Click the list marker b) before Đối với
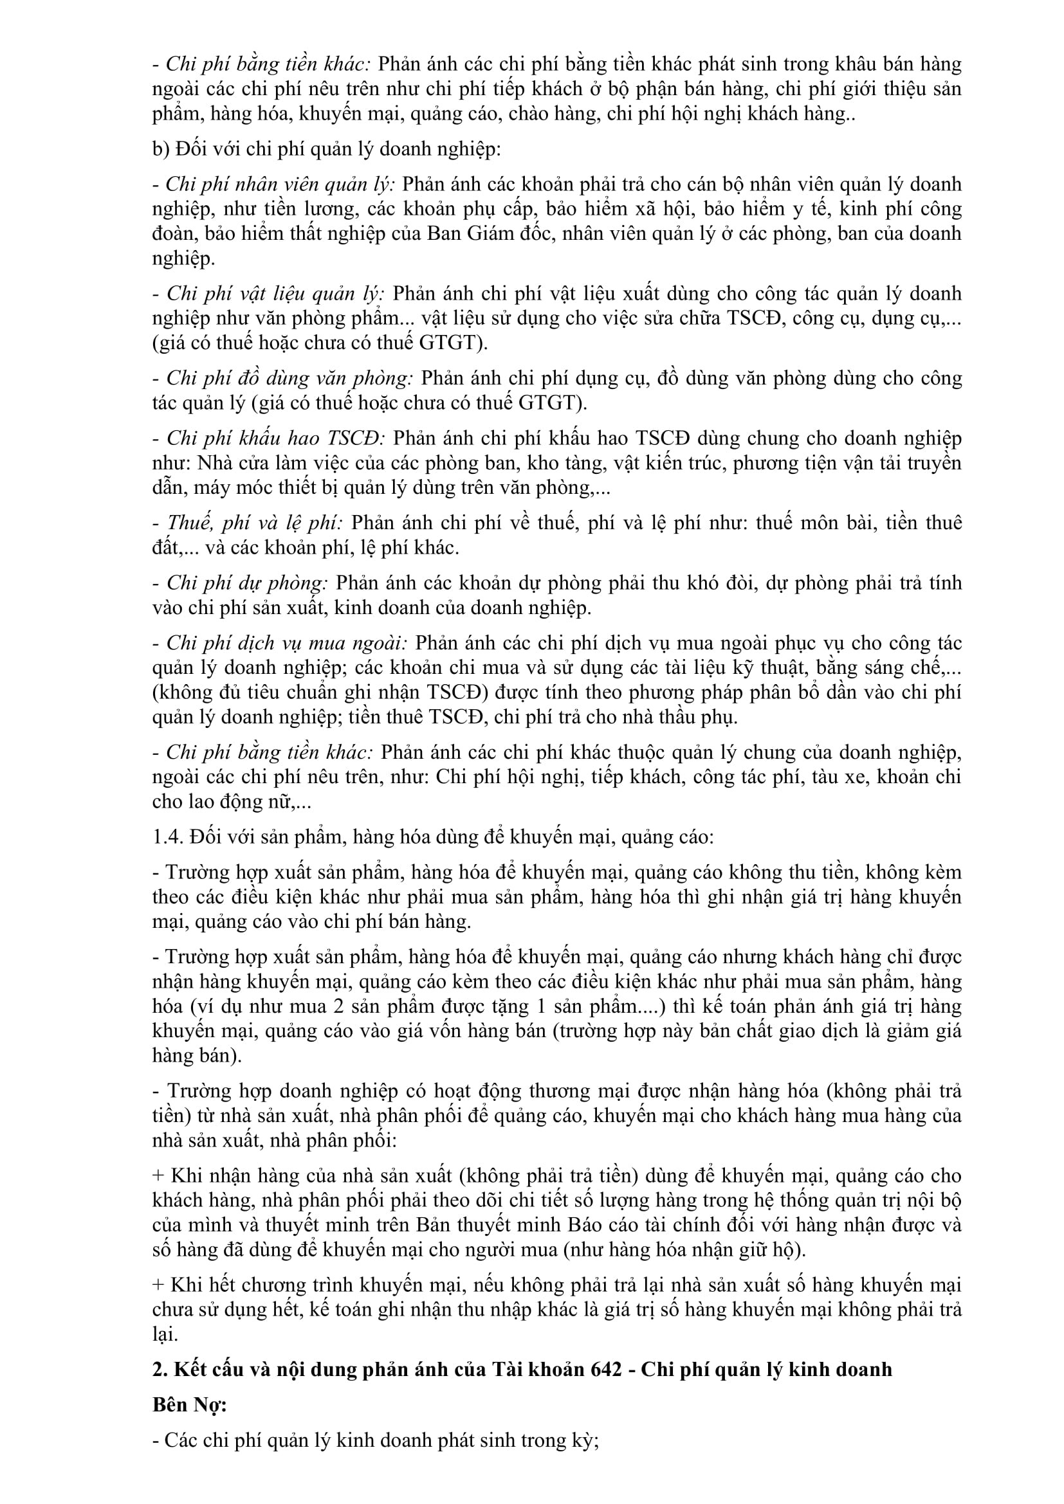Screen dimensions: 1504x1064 point(161,149)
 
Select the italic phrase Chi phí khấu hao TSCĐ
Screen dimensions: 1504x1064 point(276,439)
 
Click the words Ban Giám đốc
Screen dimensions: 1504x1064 point(484,234)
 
